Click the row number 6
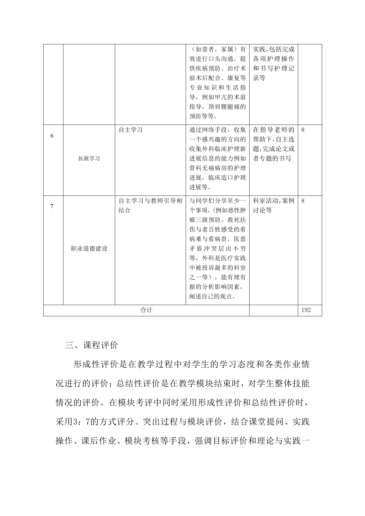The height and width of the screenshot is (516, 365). pos(52,136)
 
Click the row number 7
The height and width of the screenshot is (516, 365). pos(52,206)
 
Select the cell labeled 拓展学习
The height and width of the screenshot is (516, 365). pos(89,158)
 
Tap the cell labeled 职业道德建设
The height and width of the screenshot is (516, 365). pos(89,248)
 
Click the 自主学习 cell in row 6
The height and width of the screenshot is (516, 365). pos(131,130)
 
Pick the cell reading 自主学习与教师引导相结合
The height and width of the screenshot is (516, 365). pos(150,205)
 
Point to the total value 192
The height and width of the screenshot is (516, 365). pos(306,310)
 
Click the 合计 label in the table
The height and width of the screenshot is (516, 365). pos(146,310)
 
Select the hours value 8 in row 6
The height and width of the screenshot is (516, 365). pos(303,130)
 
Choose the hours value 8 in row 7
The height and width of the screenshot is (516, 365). pos(303,201)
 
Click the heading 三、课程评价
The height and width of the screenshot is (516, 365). pos(92,345)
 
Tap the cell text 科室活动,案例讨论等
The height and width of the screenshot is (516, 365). pos(273,205)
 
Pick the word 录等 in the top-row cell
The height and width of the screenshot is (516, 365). pos(259,78)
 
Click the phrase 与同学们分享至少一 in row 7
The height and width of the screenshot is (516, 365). pos(218,201)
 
